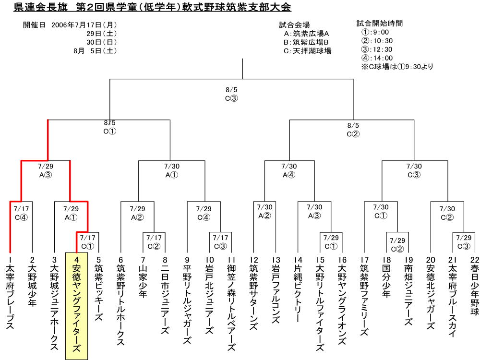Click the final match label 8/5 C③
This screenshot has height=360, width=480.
pos(231,94)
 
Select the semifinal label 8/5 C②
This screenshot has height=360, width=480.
pos(353,130)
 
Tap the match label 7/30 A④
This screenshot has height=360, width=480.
pos(289,170)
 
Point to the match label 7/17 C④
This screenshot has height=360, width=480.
pos(21,213)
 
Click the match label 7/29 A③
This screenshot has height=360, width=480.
pos(46,170)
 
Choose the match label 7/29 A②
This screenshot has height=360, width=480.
pos(137,213)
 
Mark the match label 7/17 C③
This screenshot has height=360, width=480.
pos(220,242)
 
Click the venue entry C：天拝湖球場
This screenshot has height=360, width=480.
pos(307,51)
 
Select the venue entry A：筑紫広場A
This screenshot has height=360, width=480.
pos(306,34)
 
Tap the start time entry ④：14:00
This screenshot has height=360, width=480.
pos(377,58)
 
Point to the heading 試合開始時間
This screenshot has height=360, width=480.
pos(380,23)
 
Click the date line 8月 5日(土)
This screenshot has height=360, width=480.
pos(95,51)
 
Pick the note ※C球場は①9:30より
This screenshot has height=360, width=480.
pos(397,66)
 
